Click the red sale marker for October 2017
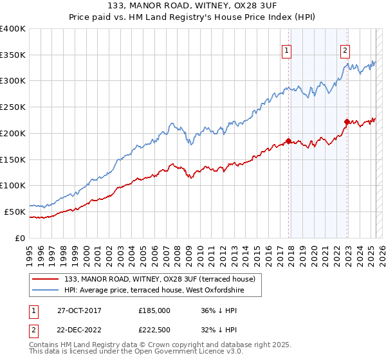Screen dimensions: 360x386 [288, 141]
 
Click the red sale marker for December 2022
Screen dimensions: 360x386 [347, 122]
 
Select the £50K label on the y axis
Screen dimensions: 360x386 [15, 212]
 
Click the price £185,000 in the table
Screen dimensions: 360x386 [154, 310]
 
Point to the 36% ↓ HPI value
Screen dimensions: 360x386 [218, 310]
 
